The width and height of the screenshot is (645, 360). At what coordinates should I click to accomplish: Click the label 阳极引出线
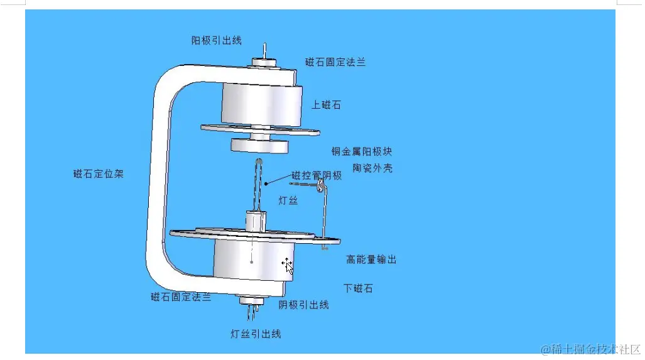point(216,40)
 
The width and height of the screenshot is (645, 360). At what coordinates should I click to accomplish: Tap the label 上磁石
point(326,105)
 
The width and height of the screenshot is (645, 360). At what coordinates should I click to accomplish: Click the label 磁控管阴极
point(317,176)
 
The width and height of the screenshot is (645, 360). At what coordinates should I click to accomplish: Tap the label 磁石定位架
point(98,174)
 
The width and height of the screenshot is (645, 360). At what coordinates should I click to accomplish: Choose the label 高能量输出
point(371,259)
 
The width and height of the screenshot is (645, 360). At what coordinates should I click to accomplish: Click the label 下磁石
point(358,288)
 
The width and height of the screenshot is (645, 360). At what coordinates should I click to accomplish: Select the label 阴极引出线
point(304,305)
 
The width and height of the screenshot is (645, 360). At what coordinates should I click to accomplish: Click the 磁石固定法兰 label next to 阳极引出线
point(335,62)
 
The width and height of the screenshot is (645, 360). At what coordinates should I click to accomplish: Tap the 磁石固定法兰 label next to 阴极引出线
point(181,297)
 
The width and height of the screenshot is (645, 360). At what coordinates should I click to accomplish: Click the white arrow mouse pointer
point(288,266)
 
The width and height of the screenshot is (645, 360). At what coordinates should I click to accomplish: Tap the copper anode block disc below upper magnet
point(259,146)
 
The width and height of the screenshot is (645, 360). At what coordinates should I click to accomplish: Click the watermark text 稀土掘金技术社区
point(590,349)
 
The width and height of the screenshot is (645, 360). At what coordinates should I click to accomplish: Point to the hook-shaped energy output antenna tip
point(321,185)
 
